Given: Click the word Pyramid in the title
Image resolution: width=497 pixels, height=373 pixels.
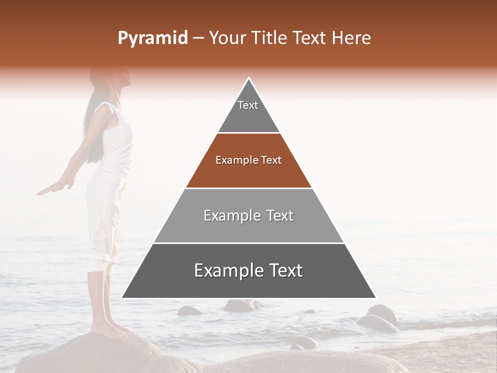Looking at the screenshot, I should pyautogui.click(x=152, y=38).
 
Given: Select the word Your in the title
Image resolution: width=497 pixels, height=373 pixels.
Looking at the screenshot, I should pyautogui.click(x=227, y=38).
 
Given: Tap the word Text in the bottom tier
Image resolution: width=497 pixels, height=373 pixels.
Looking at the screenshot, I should pyautogui.click(x=282, y=271).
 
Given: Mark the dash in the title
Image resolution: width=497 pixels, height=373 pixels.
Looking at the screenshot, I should pyautogui.click(x=198, y=38).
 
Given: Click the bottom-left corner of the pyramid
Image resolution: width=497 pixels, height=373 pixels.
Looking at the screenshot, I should pyautogui.click(x=123, y=297).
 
